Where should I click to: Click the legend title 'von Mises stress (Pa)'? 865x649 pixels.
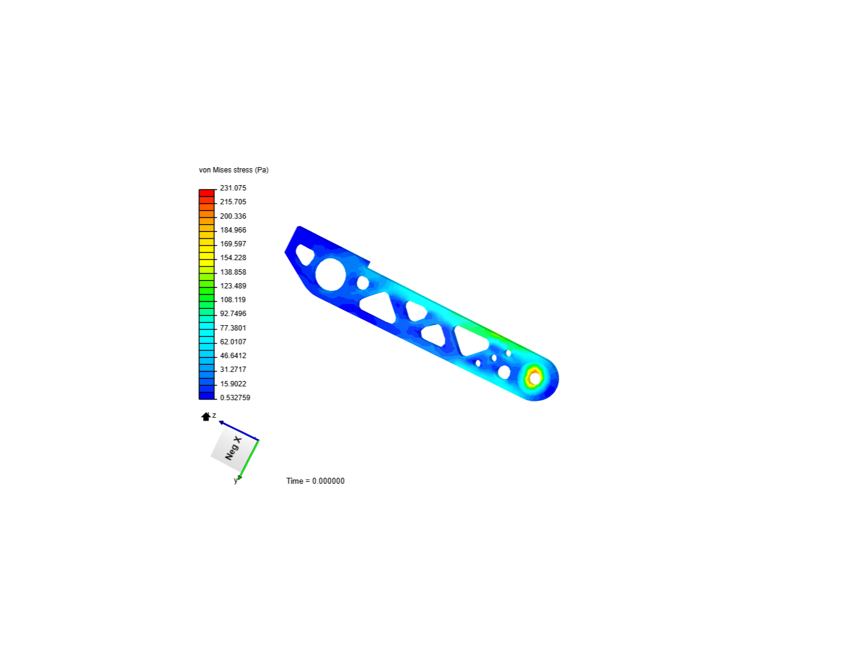(x=234, y=170)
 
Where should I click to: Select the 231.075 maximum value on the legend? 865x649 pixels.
(x=233, y=188)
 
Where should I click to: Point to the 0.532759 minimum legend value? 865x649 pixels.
(x=235, y=398)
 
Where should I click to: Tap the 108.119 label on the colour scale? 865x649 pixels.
(x=233, y=300)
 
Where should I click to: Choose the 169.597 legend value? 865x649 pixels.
(x=233, y=244)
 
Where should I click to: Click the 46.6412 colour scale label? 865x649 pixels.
(x=233, y=356)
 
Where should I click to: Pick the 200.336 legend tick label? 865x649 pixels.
(x=233, y=216)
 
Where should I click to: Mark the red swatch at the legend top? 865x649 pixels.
(x=207, y=193)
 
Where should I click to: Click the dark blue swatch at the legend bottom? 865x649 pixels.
(x=207, y=395)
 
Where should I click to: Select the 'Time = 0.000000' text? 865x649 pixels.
(x=315, y=481)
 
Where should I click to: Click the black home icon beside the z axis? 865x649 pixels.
(x=206, y=416)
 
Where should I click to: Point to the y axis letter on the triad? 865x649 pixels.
(x=235, y=481)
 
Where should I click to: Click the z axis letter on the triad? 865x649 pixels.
(x=214, y=415)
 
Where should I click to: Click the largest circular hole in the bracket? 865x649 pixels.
(x=330, y=274)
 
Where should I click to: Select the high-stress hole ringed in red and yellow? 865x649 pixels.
(x=534, y=379)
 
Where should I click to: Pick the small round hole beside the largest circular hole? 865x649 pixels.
(x=363, y=282)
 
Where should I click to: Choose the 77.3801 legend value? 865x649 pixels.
(x=233, y=328)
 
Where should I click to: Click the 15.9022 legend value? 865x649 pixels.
(x=233, y=384)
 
